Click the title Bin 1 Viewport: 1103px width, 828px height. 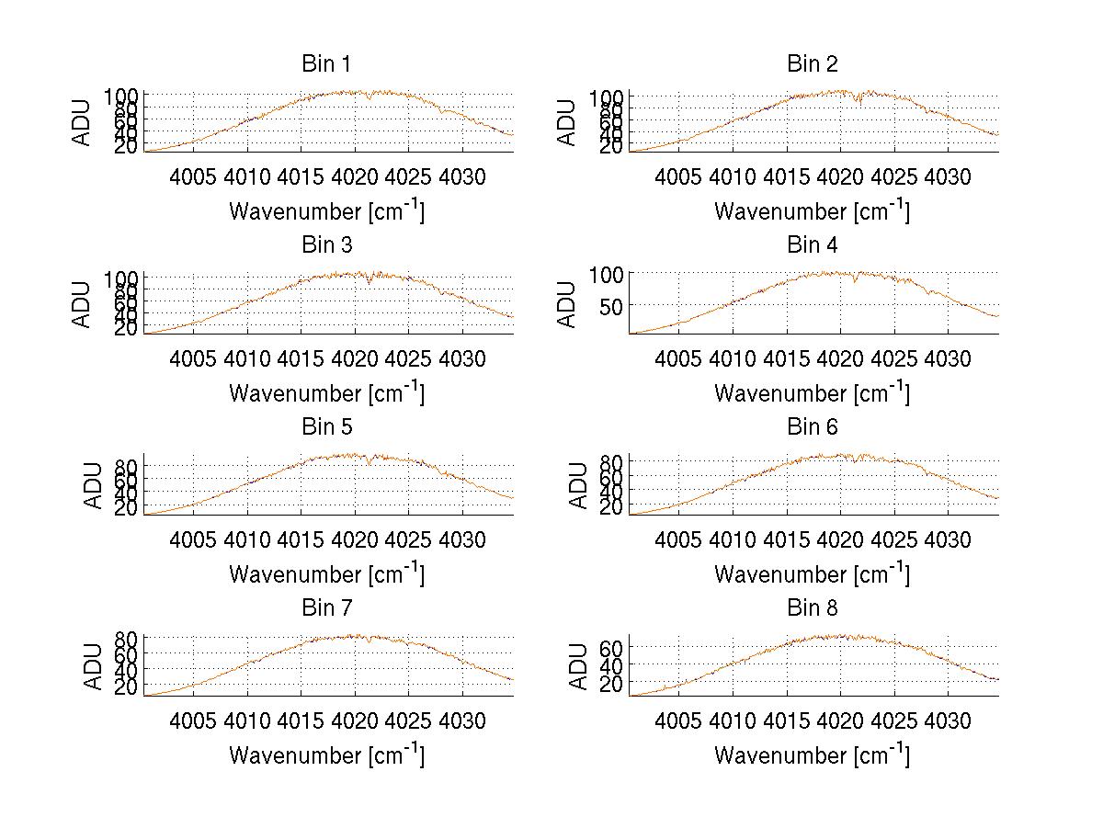tap(325, 64)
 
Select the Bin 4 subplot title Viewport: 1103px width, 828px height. tap(812, 245)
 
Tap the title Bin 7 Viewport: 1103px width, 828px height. tap(325, 608)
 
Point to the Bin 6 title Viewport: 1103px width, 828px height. tap(812, 427)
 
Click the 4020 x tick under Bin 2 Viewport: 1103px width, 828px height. tap(840, 176)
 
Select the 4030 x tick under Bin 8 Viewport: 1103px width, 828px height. tap(947, 720)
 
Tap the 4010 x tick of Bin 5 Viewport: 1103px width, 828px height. tap(248, 539)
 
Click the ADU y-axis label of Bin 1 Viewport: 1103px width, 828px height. tap(84, 121)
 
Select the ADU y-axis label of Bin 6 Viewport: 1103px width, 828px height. tap(579, 485)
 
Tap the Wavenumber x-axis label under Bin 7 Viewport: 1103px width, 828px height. tap(326, 755)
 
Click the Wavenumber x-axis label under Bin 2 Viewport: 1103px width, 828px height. tap(812, 210)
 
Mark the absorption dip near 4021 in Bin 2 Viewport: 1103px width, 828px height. tap(859, 100)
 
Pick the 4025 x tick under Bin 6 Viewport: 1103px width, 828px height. tap(893, 539)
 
